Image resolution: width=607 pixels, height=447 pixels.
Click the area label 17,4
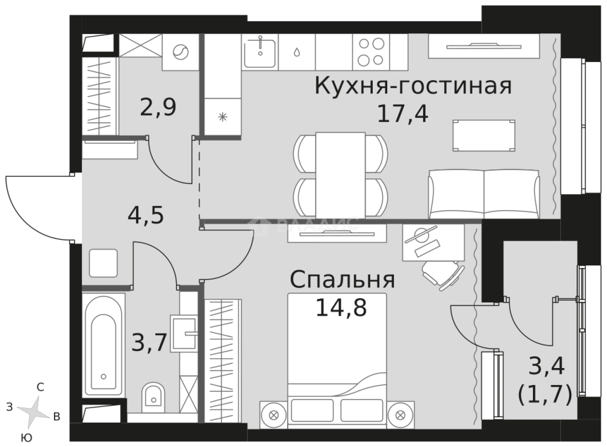pos(402,114)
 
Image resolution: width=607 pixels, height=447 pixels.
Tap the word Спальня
pos(342,280)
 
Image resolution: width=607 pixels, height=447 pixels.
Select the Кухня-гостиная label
pos(413,87)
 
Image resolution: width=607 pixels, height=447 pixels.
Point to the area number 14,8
pos(341,307)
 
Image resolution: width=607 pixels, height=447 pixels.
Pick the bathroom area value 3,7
pos(149,341)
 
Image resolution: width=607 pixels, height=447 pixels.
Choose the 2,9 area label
pos(158,108)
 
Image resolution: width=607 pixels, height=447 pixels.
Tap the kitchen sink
pos(260,52)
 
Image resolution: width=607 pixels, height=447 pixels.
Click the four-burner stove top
pos(371,52)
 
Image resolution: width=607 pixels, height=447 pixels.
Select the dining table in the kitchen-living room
pos(340,174)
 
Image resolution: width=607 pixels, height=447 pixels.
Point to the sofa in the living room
pos(484,194)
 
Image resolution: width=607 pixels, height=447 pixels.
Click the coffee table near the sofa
pos(484,136)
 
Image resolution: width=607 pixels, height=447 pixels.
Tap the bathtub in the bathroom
pos(103,347)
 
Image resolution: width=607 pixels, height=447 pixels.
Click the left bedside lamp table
pos(273,415)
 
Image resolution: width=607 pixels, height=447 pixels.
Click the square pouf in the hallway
pos(103,263)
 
